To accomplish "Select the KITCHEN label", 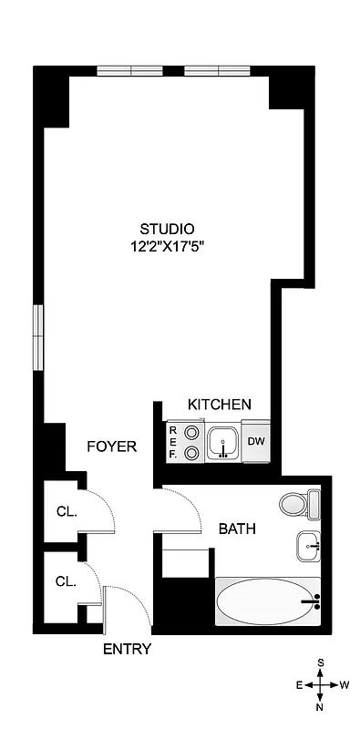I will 219,405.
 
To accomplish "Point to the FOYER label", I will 111,447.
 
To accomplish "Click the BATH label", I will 236,528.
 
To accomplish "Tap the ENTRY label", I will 126,649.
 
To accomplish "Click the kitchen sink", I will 221,444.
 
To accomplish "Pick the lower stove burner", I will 191,453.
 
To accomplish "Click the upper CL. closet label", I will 66,511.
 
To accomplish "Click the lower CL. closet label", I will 66,580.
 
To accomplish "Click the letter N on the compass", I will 320,706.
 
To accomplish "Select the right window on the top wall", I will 216,70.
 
